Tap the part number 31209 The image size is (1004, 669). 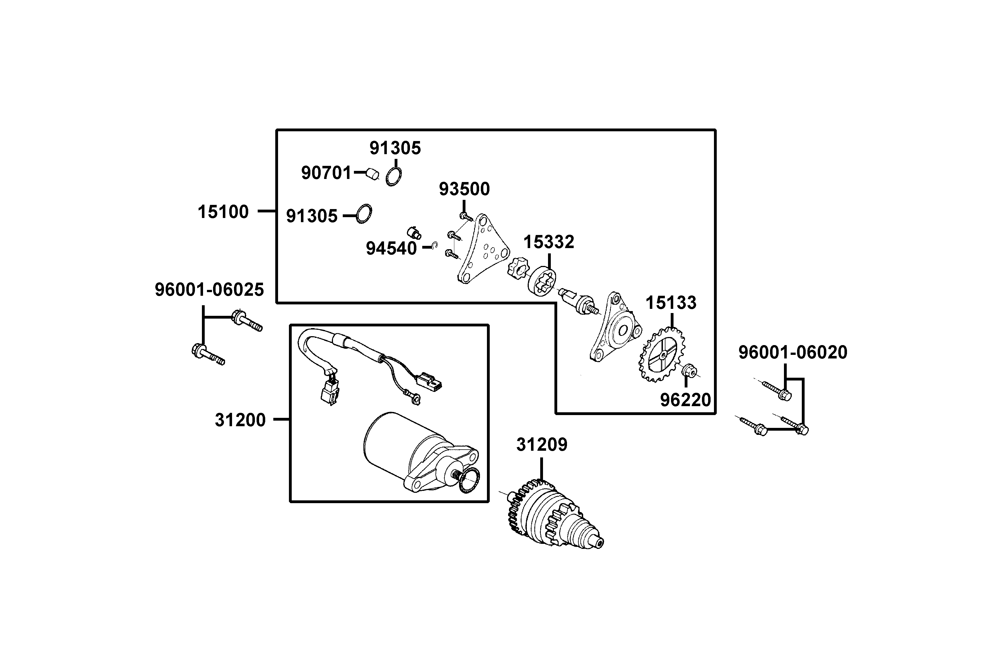tap(541, 445)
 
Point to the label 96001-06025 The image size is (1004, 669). tap(209, 290)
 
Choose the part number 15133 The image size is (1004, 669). tap(671, 303)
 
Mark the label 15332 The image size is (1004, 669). tap(549, 242)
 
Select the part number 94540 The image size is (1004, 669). tap(391, 249)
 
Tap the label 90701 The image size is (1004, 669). tap(326, 173)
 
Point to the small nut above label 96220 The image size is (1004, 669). tap(689, 370)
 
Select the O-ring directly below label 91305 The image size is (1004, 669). tap(393, 176)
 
